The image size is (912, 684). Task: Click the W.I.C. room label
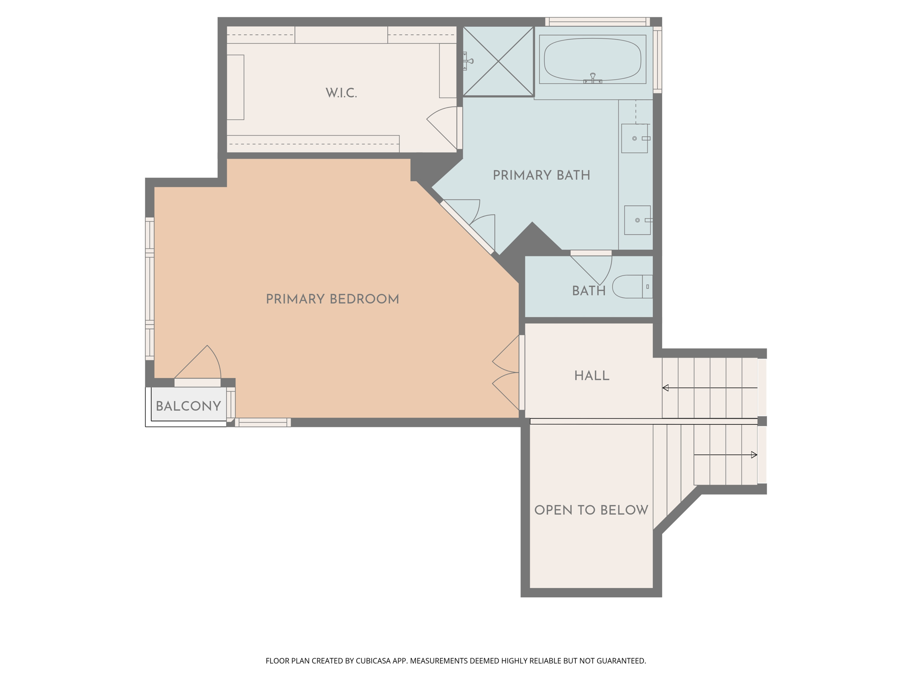point(341,93)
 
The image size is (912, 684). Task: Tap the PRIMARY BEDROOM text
point(332,299)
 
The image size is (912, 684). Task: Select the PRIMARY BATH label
point(541,175)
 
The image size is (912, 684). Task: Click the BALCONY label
point(188,406)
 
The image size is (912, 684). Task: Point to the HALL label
point(591,376)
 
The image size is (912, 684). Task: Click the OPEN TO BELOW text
point(591,510)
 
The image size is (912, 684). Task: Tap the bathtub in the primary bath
point(592,59)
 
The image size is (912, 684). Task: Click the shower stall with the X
point(498,61)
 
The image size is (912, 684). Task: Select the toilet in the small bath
point(631,287)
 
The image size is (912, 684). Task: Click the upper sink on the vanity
point(635,138)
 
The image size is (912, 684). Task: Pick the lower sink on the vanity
point(637,220)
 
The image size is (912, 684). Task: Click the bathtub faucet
point(592,79)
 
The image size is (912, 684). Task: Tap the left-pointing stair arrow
point(666,388)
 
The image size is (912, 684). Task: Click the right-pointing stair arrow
point(753,455)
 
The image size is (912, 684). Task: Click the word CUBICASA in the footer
point(373,661)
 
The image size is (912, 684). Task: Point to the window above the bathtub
point(597,21)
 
